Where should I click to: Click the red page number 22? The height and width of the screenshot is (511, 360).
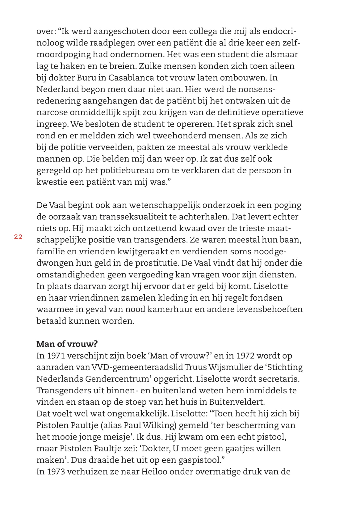coord(18,237)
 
